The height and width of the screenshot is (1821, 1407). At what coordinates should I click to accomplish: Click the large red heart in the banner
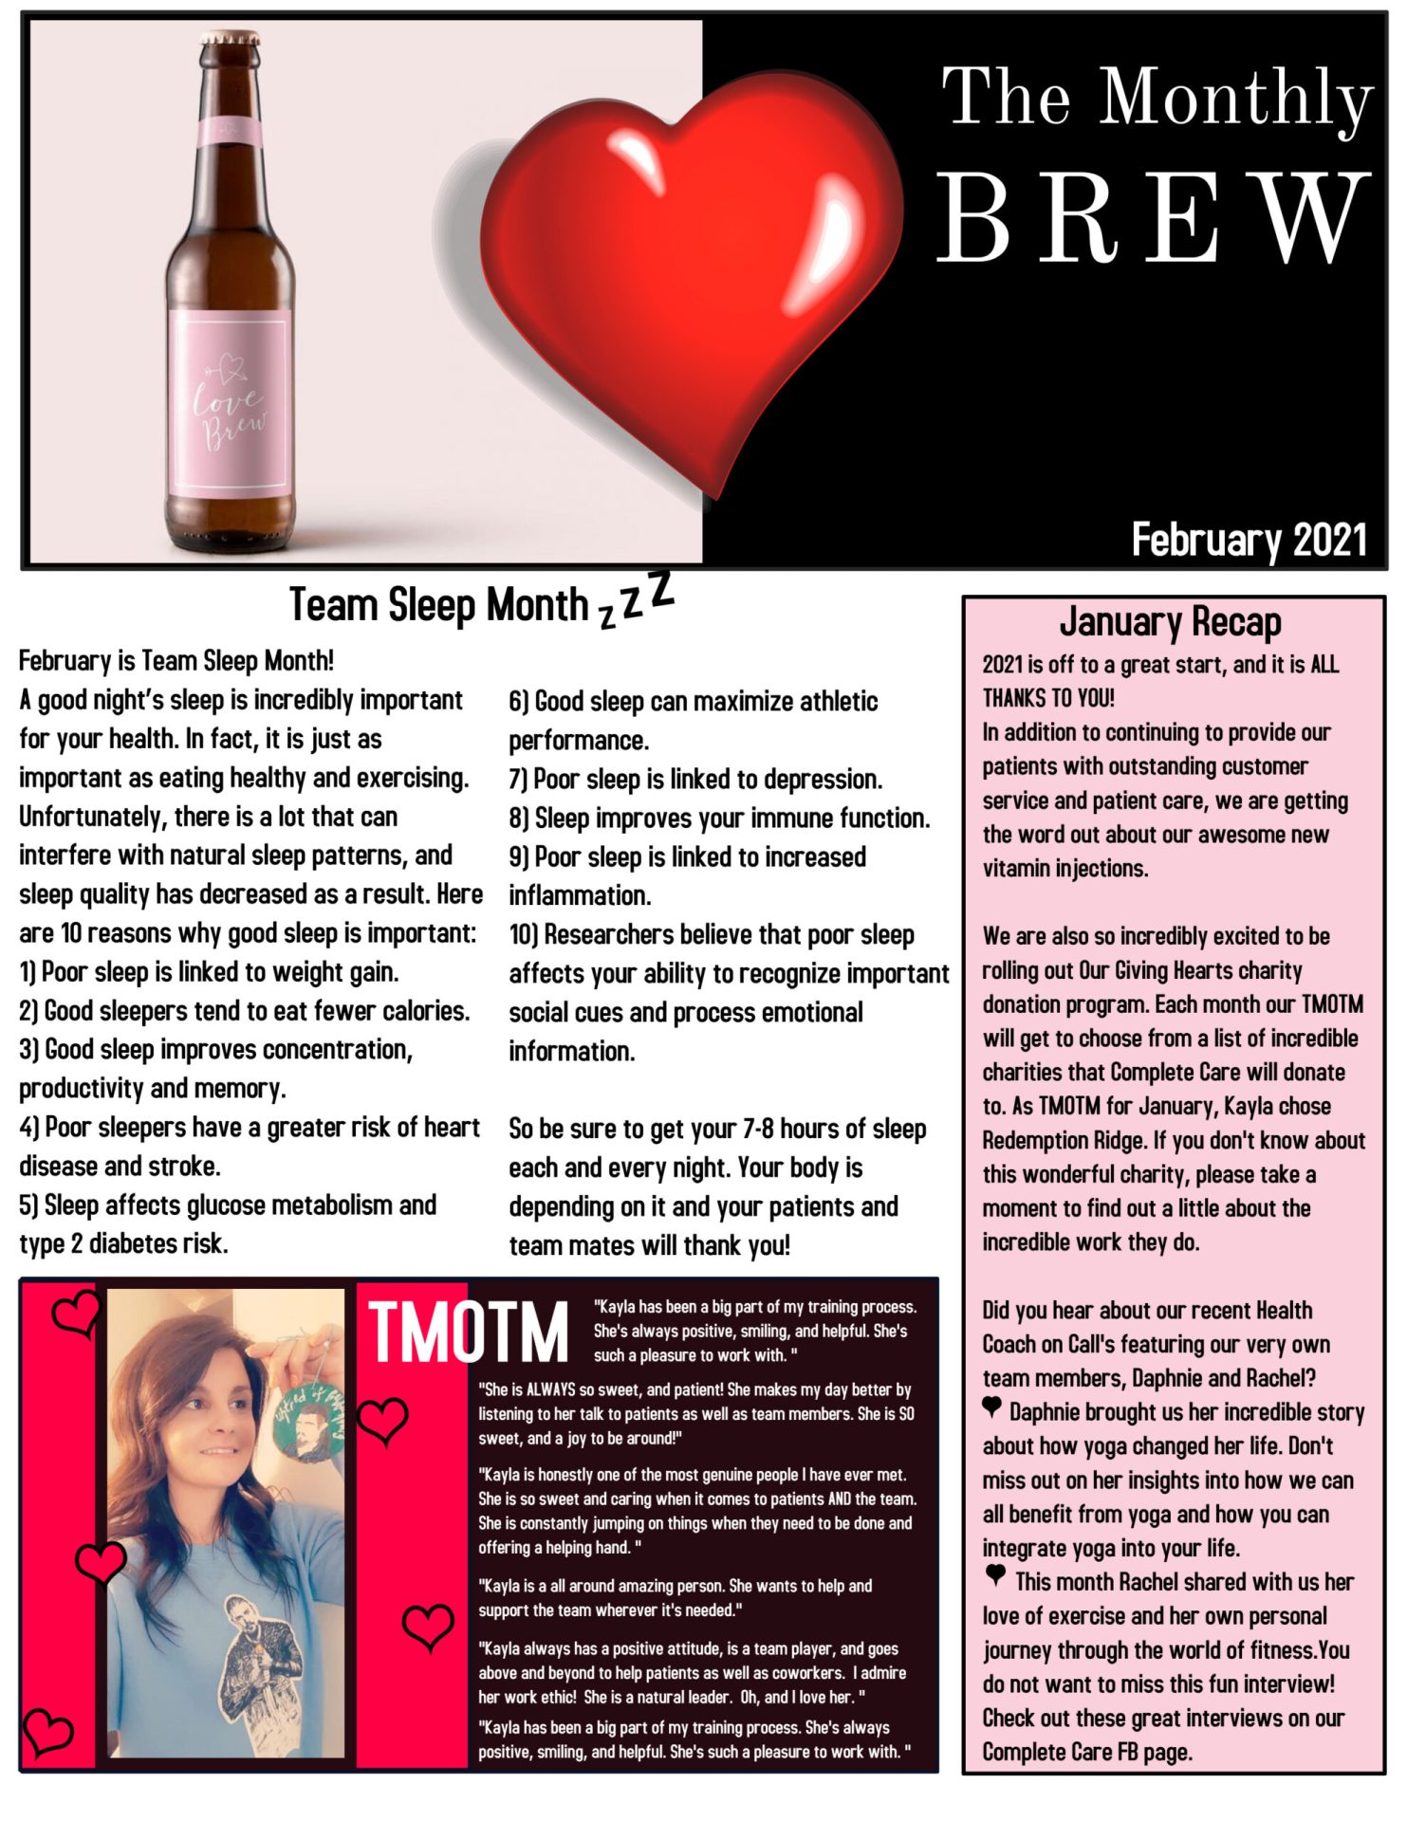(x=693, y=275)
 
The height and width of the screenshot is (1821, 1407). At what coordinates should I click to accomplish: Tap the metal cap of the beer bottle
(x=230, y=39)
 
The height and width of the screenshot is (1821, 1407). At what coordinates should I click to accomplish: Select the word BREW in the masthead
(x=1154, y=218)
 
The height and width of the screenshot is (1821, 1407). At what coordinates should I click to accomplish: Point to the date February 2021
(x=1248, y=540)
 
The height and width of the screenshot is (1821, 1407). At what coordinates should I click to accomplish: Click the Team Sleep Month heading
(x=438, y=605)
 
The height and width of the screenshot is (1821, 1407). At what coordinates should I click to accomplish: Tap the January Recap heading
(x=1170, y=622)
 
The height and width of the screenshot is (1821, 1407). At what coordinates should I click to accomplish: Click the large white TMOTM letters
(x=468, y=1332)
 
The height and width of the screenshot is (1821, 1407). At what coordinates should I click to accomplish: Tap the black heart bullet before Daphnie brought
(x=991, y=1407)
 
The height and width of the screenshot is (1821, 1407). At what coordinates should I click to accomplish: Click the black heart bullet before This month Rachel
(x=994, y=1576)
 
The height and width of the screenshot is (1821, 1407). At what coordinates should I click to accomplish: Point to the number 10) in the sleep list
(x=524, y=935)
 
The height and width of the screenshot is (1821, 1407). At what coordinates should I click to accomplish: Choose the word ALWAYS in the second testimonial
(x=551, y=1389)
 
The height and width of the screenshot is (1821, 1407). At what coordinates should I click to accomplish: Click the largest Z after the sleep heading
(x=662, y=590)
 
